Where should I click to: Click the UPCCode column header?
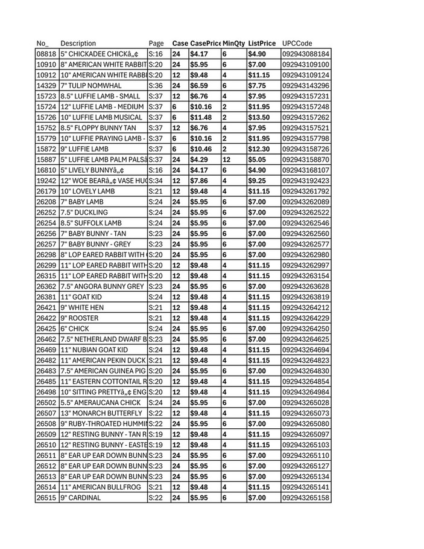coord(297,43)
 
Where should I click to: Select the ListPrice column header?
coord(261,43)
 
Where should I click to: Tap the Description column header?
coord(78,43)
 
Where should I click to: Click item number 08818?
coord(46,54)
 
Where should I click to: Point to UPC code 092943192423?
coord(306,181)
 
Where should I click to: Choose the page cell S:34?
coord(156,181)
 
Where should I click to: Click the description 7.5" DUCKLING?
coord(84,213)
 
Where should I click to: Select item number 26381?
coord(46,297)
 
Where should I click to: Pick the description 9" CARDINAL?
coord(80,498)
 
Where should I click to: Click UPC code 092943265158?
coord(306,498)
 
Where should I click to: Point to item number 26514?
coord(46,487)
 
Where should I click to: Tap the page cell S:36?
coord(156,86)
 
